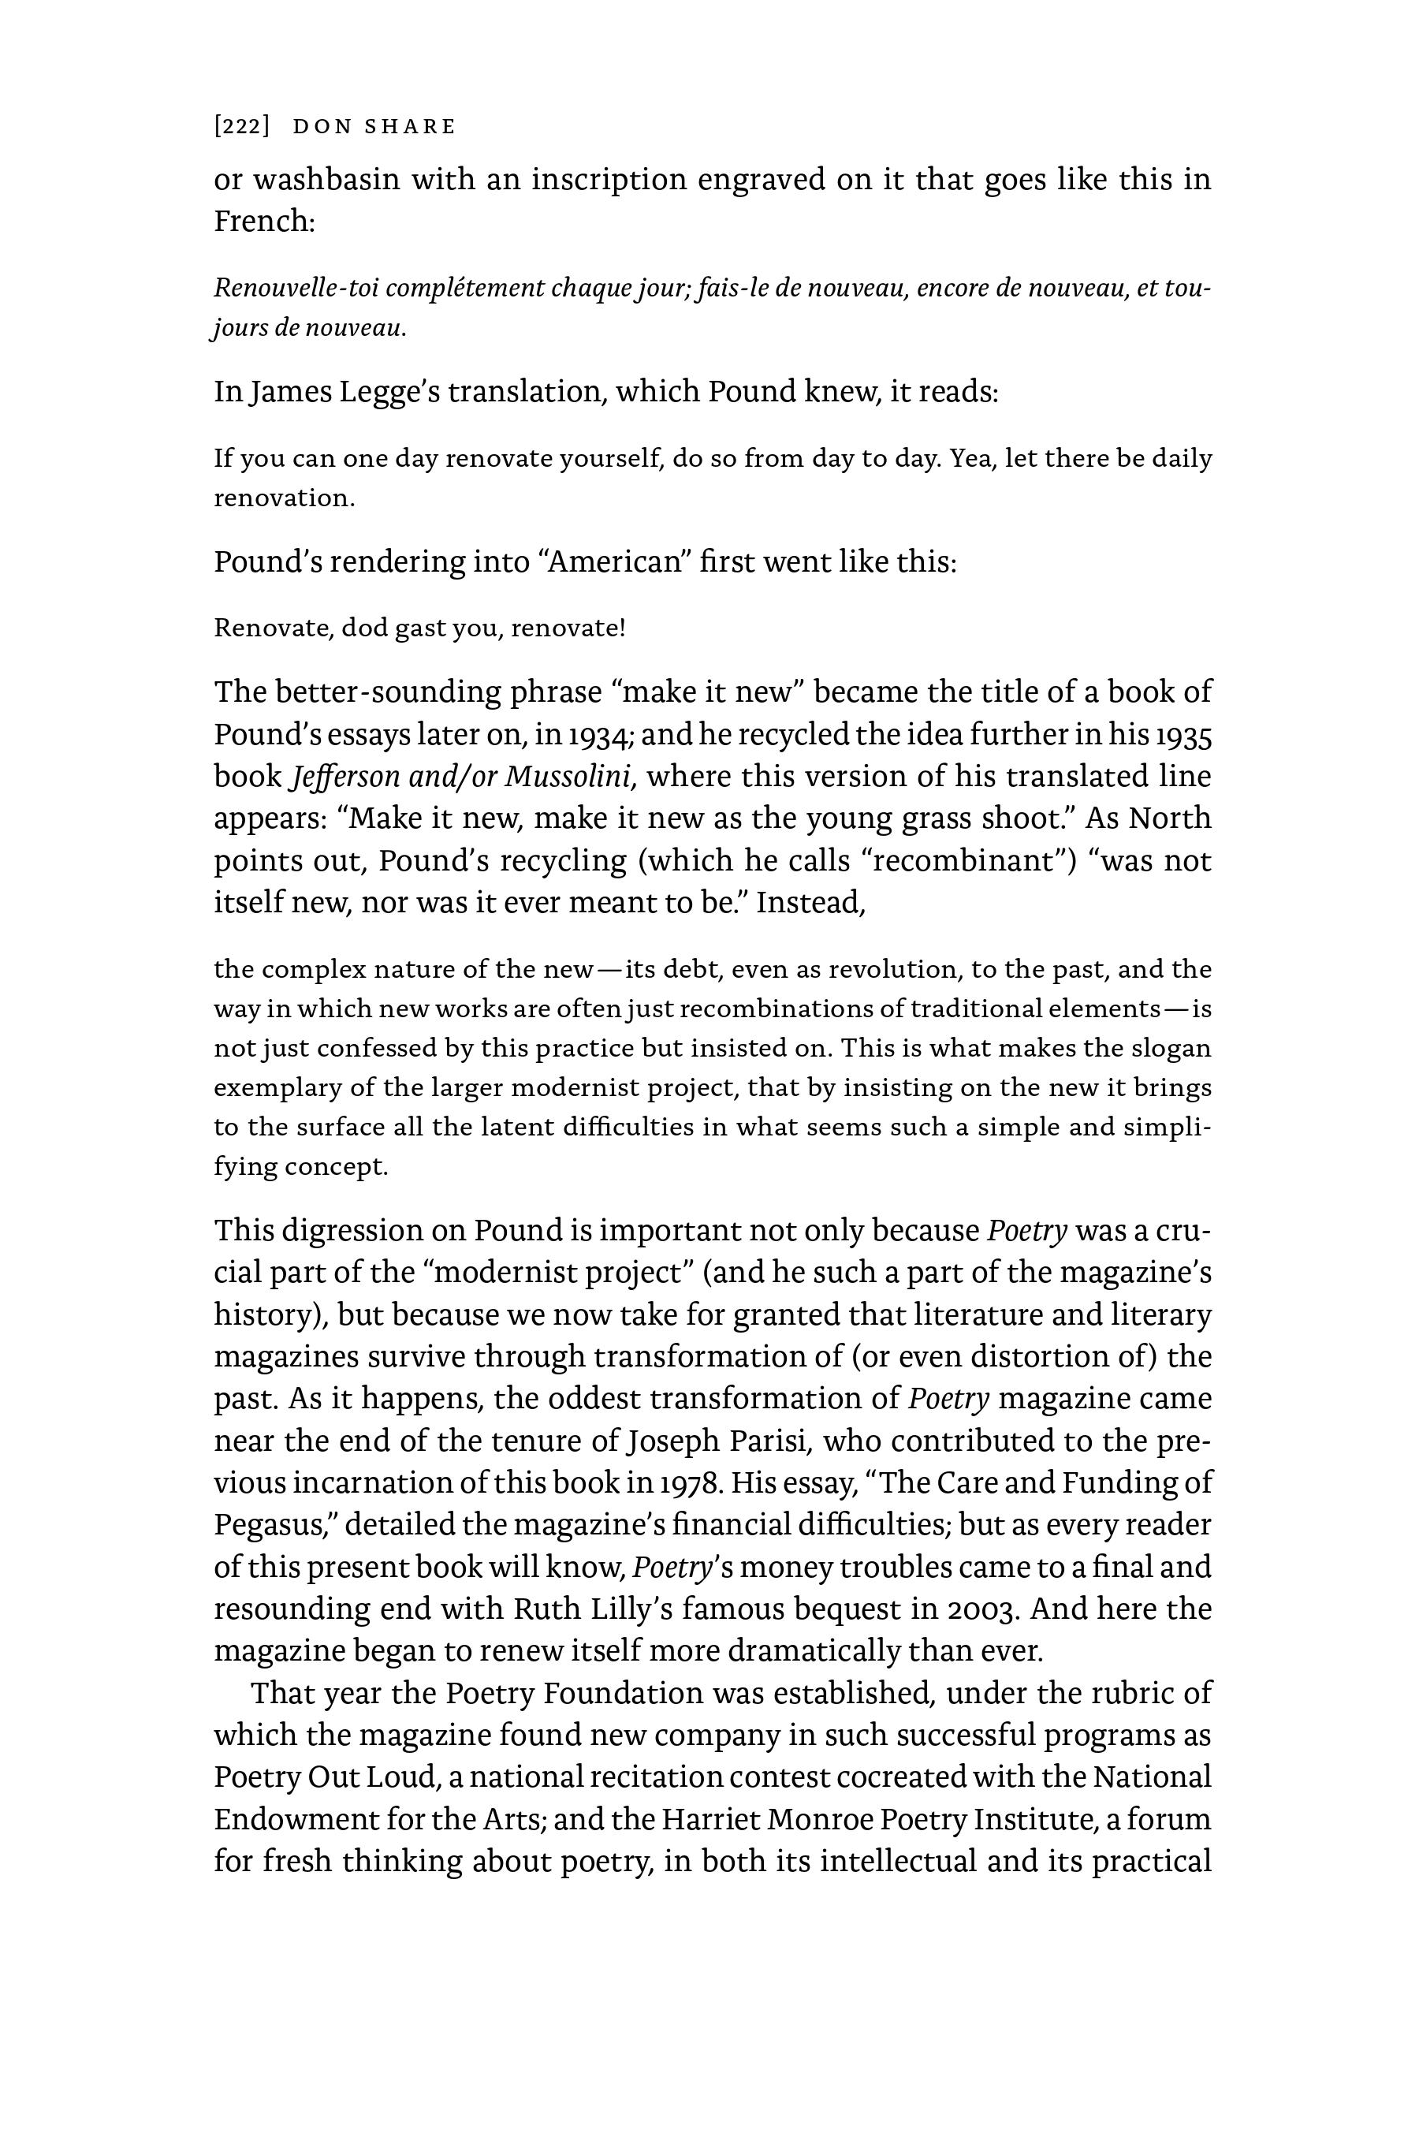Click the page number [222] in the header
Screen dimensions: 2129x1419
tap(242, 127)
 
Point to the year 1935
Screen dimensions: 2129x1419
tap(1182, 734)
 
